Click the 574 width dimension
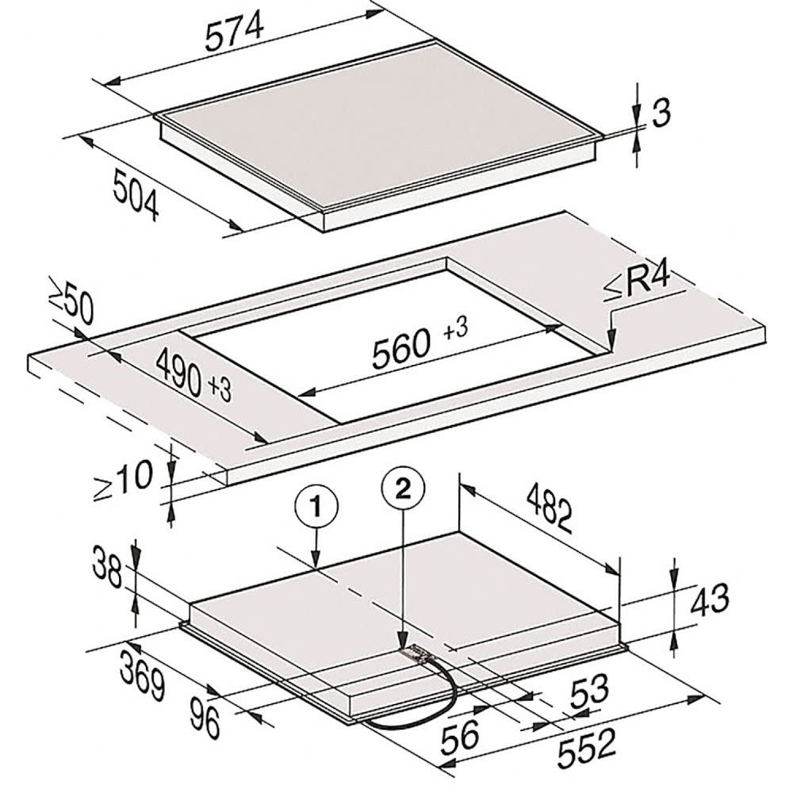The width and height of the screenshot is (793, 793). pyautogui.click(x=235, y=32)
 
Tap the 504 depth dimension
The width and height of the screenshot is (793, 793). pyautogui.click(x=136, y=195)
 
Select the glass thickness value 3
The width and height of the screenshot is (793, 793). pyautogui.click(x=661, y=113)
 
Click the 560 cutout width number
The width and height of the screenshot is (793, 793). pyautogui.click(x=401, y=347)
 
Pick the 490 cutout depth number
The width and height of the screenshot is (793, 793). pyautogui.click(x=179, y=372)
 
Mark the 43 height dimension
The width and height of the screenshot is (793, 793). pyautogui.click(x=710, y=600)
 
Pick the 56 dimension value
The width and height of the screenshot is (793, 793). pyautogui.click(x=460, y=736)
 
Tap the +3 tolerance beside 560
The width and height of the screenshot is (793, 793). pyautogui.click(x=455, y=329)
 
